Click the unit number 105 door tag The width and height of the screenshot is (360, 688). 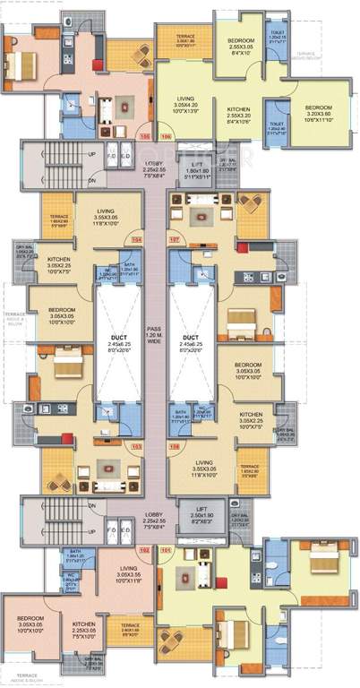[x=145, y=137]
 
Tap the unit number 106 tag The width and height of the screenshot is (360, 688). [x=165, y=137]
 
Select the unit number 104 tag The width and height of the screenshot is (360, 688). [x=137, y=240]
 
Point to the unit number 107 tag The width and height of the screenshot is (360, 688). [x=176, y=240]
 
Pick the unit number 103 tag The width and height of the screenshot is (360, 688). [x=137, y=444]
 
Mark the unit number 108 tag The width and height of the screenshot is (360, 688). [x=176, y=444]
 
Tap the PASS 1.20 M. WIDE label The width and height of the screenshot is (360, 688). [x=156, y=337]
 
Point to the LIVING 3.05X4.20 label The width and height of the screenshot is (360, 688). [x=185, y=104]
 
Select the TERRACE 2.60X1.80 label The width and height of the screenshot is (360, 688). [x=131, y=629]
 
